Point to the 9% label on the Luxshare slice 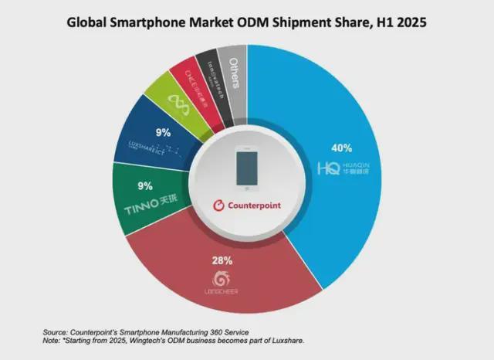tap(163, 132)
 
